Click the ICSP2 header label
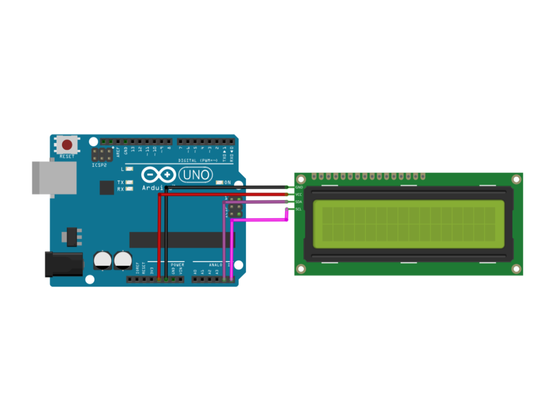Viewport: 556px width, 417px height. click(x=99, y=164)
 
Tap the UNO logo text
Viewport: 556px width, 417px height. click(x=196, y=175)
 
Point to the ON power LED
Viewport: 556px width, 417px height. click(x=220, y=183)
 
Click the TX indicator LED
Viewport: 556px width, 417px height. click(x=130, y=183)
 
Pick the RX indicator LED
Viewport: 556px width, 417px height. click(x=130, y=189)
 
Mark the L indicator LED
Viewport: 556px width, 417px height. click(x=130, y=169)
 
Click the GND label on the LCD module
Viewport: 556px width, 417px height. click(x=299, y=187)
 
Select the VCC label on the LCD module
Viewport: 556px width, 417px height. click(x=299, y=195)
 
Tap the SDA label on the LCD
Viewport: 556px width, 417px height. click(x=299, y=202)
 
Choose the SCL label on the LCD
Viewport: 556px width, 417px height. click(x=299, y=209)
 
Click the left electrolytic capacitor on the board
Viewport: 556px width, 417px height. click(x=101, y=260)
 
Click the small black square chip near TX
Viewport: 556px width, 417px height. click(x=107, y=187)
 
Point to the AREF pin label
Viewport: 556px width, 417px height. click(x=118, y=150)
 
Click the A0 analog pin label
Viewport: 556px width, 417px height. click(x=195, y=272)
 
